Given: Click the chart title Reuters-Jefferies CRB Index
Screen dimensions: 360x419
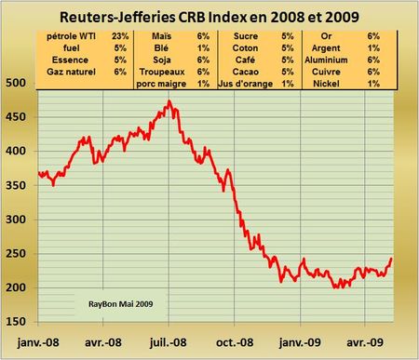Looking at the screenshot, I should point(209,15).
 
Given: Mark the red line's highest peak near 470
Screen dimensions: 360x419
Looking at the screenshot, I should point(168,100).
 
